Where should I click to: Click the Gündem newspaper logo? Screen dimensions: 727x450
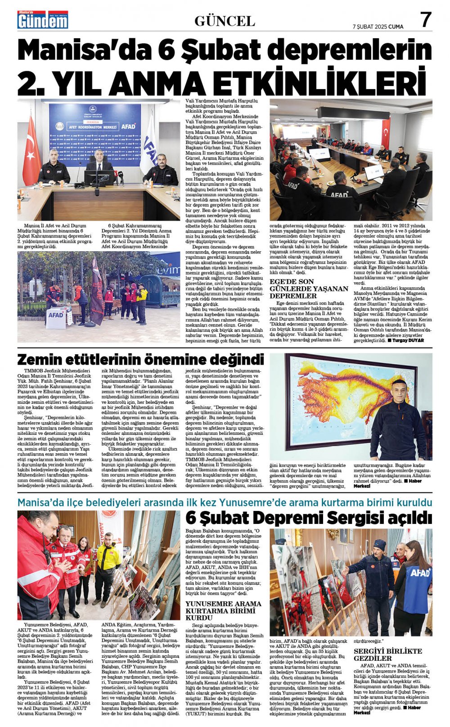[43, 20]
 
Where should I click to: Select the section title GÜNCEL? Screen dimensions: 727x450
[225, 21]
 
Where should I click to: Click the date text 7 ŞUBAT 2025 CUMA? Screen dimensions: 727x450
[378, 27]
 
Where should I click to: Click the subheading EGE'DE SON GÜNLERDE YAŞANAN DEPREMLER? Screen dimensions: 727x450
[308, 289]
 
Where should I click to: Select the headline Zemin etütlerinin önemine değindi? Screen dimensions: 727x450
[140, 360]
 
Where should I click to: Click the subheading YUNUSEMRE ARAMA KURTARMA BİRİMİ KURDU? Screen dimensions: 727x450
[223, 610]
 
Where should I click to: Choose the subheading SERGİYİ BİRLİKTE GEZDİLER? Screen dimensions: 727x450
[387, 655]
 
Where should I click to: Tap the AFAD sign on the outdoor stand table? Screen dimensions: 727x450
[56, 315]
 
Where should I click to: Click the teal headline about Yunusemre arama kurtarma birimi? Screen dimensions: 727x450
[225, 502]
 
